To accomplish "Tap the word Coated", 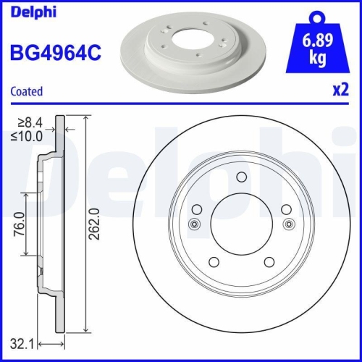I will (26, 91).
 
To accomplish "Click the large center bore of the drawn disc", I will (241, 224).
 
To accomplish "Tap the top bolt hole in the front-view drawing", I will (241, 178).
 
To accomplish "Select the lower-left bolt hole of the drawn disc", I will (214, 262).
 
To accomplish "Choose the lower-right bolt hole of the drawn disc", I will (269, 262).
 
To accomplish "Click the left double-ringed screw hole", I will (193, 224).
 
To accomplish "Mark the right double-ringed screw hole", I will (289, 224).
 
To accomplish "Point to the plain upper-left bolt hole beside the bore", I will (197, 210).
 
